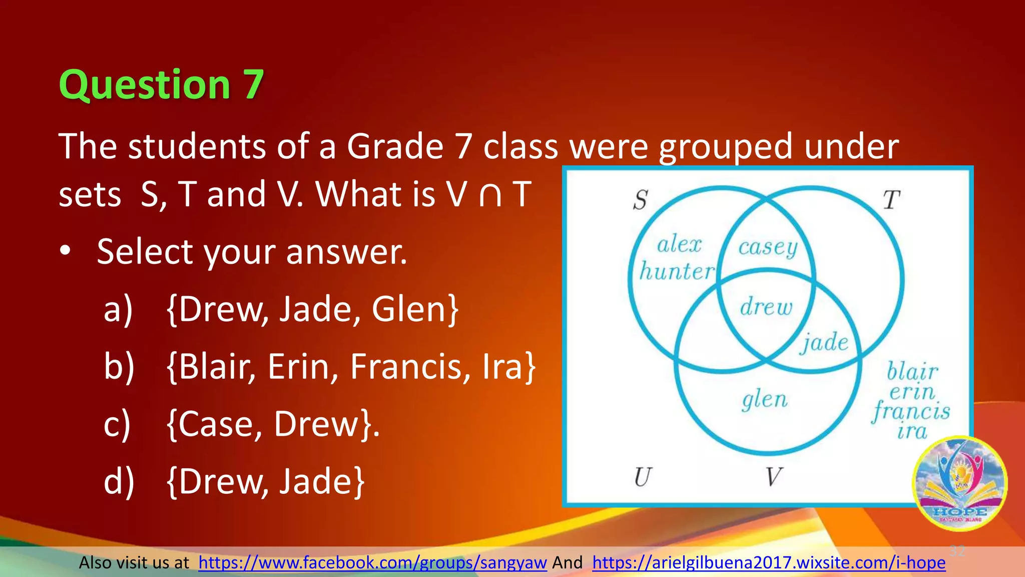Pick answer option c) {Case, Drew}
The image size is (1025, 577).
point(272,424)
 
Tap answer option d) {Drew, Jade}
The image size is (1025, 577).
point(265,481)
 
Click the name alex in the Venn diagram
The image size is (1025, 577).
point(679,244)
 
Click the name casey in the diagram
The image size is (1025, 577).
point(768,247)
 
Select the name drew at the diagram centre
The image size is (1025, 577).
point(766,307)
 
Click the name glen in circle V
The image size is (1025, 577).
point(764,400)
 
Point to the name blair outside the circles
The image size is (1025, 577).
point(912,372)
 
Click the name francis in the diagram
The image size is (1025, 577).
point(911,412)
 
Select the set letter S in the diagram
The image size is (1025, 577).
point(640,200)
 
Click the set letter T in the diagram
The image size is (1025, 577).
point(891,200)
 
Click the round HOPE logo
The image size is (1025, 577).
point(959,483)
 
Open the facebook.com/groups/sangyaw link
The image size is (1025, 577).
point(372,563)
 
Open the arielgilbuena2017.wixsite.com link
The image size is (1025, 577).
point(769,563)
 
